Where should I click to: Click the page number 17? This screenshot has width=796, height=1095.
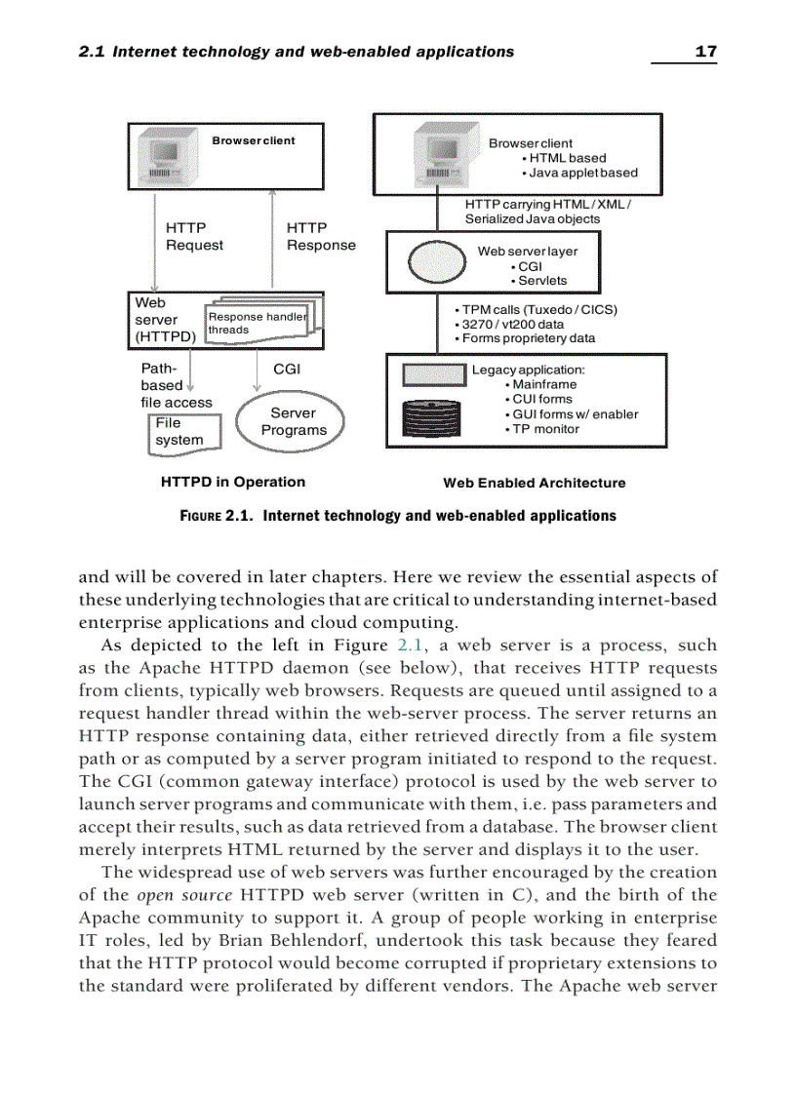pos(705,51)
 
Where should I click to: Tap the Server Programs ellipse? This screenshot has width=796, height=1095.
pos(293,421)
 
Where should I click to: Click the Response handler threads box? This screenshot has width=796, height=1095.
pos(259,323)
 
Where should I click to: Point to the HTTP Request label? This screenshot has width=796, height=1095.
pos(193,237)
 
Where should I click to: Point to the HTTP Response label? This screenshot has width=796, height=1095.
pos(320,237)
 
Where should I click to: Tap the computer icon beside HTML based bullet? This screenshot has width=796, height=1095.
pos(436,157)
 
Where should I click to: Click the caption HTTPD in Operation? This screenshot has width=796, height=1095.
pos(232,482)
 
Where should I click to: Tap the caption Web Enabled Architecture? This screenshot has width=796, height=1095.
pos(534,483)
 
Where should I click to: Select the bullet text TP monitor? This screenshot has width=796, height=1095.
pos(541,429)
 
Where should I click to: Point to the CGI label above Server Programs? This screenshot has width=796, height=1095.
pos(286,370)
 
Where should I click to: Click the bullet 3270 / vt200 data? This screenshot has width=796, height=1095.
pos(508,324)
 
